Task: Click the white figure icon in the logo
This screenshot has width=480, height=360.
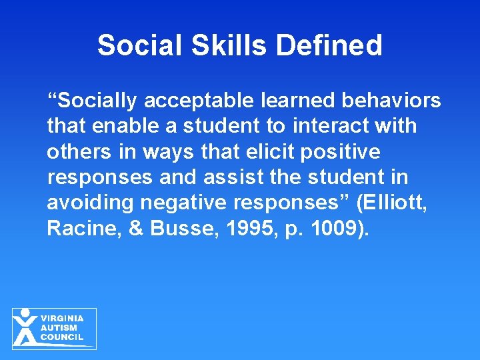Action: click(x=25, y=327)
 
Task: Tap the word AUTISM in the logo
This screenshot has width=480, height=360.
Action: click(x=59, y=328)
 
